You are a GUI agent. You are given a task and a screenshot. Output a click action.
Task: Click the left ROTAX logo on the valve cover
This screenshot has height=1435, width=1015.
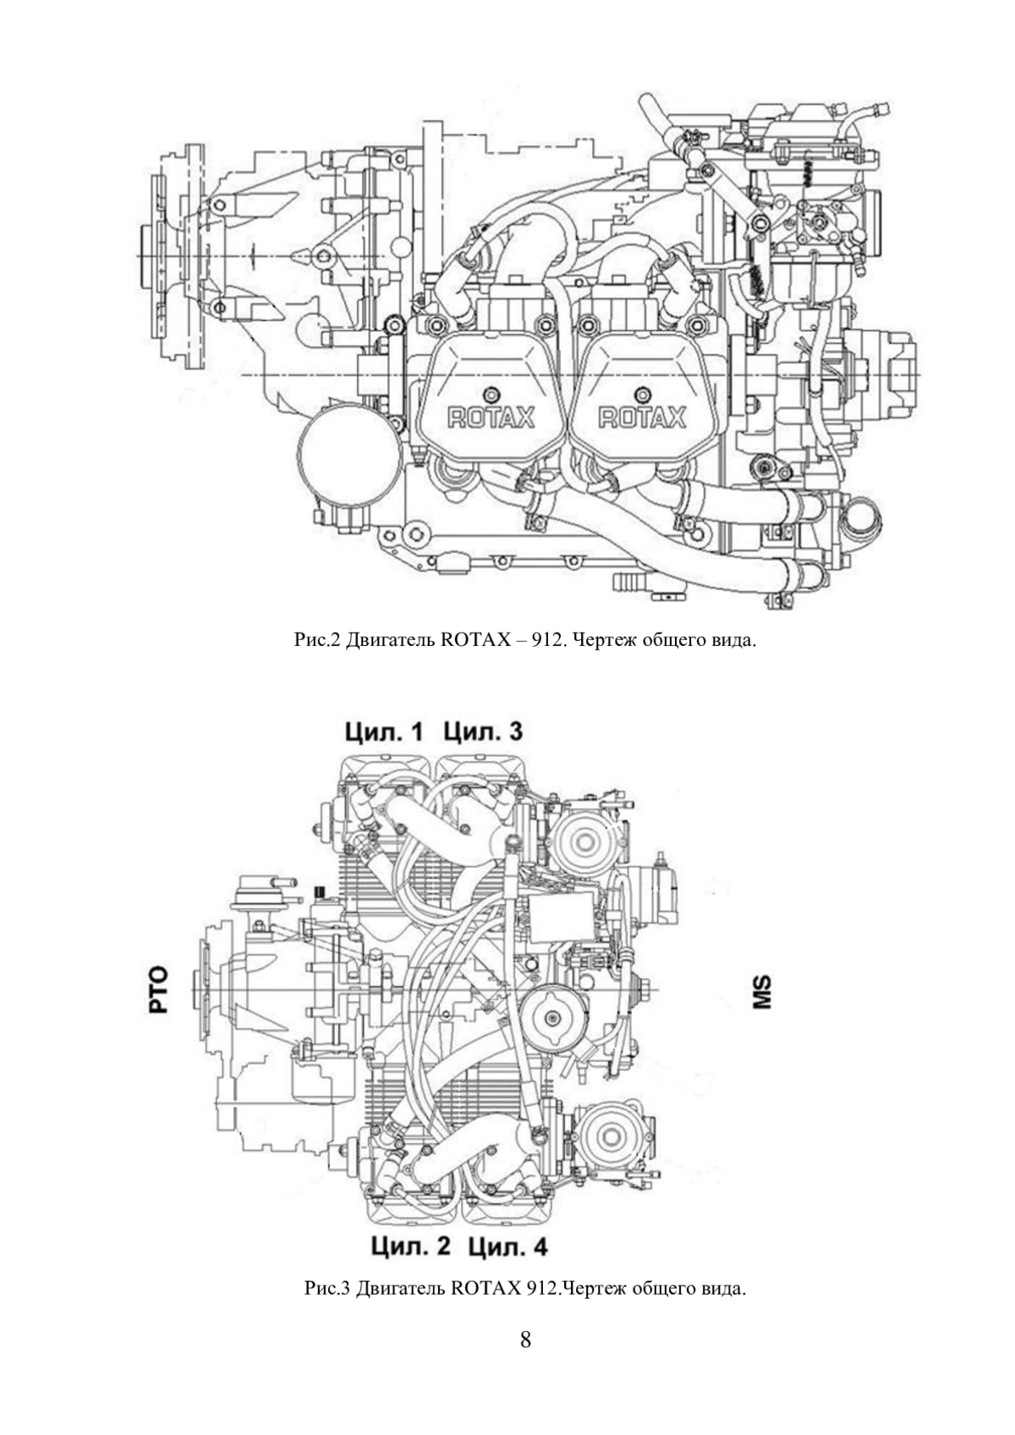click(x=491, y=418)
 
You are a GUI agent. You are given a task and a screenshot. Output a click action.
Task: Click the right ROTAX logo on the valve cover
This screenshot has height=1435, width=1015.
click(x=641, y=418)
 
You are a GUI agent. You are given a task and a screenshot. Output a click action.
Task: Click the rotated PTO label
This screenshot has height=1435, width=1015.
click(x=158, y=989)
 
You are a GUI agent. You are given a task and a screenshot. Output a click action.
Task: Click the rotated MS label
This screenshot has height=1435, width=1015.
click(x=762, y=992)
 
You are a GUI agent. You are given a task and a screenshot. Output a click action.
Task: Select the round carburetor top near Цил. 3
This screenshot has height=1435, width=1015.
click(x=584, y=841)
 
